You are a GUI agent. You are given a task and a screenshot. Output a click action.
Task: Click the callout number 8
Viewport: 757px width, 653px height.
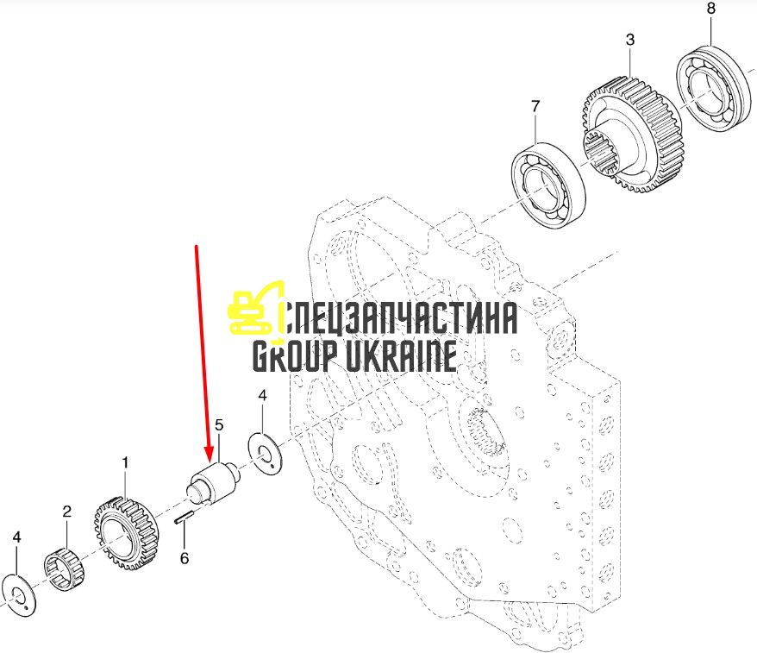point(710,9)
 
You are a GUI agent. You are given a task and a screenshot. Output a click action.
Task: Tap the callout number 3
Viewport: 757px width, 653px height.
point(630,40)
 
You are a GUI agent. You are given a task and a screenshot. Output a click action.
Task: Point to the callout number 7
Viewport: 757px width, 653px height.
point(535,106)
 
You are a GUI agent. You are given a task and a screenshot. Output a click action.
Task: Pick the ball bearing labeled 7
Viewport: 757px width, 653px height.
point(548,184)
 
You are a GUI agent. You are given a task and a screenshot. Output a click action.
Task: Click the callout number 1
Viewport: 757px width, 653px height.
point(126,462)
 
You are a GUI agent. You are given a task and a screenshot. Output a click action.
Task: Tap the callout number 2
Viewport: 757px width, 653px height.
point(67,511)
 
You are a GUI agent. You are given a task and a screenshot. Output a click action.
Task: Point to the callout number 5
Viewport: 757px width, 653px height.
point(219,425)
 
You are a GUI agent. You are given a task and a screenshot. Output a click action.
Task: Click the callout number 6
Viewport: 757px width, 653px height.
point(185,558)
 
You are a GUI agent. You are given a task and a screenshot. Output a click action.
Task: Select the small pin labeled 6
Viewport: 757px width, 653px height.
point(184,517)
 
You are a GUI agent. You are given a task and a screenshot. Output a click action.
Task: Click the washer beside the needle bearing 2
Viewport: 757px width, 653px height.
point(19,595)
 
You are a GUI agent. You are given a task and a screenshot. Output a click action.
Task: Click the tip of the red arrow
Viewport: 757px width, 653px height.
point(210,461)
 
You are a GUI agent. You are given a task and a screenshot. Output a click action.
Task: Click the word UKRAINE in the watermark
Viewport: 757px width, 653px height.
point(401,355)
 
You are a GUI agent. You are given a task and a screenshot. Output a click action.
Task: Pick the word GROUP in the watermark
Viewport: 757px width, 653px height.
point(296,355)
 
